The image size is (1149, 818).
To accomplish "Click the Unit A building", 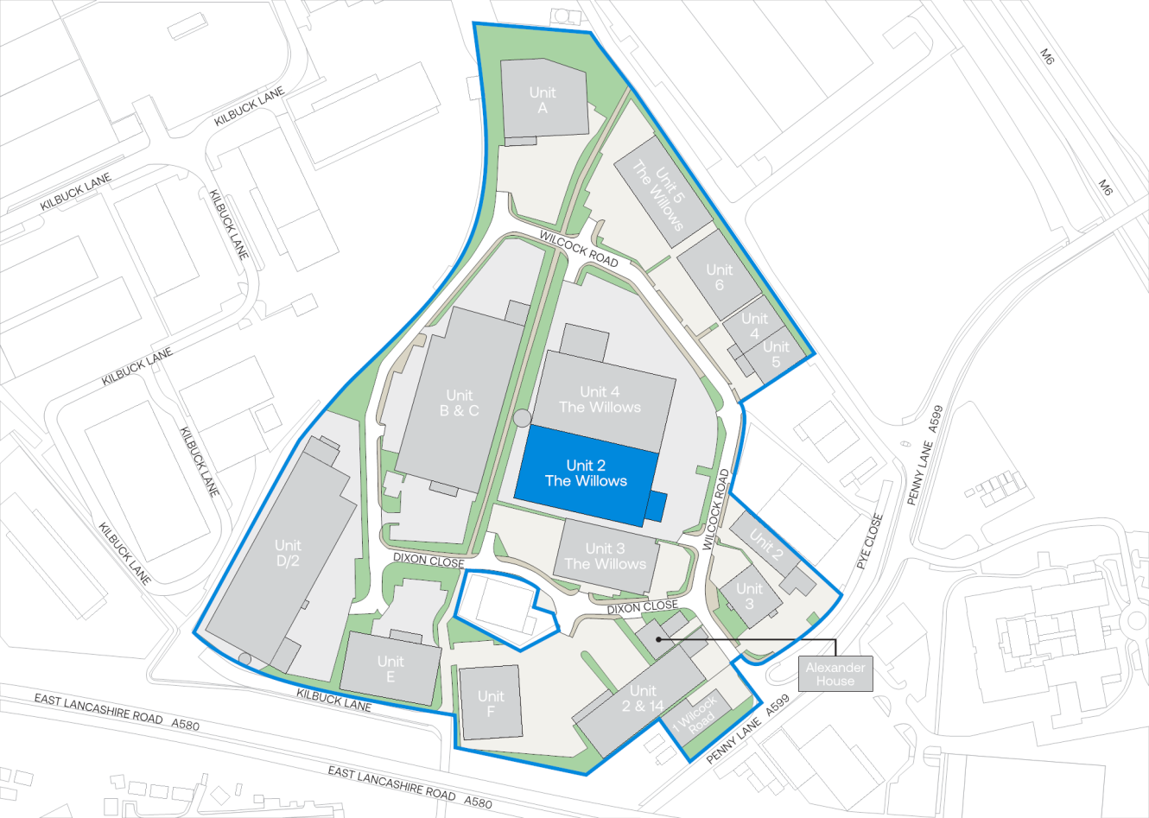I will pos(543,99).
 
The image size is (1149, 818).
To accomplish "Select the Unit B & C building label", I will pos(459,403).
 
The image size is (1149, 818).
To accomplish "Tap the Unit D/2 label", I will pos(288,553).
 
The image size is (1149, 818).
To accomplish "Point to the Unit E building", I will pos(390,669).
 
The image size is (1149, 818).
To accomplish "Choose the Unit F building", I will pos(491,703).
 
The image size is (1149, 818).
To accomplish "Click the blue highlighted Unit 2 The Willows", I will pos(586,473).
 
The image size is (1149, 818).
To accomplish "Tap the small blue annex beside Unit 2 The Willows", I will pos(657,505).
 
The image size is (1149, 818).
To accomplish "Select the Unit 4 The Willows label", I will pos(600,400).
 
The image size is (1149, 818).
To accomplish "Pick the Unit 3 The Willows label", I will pos(605,556).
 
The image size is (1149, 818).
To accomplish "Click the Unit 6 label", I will pos(719,277).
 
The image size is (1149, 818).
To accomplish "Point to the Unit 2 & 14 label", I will pos(643,698).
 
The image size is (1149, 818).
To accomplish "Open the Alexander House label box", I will pos(835,674).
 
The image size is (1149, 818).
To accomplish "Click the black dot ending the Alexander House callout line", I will pos(658,640).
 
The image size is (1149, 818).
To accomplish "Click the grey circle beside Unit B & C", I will pos(522,418).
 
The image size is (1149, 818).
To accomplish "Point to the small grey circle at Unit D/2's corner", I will pos(245,659).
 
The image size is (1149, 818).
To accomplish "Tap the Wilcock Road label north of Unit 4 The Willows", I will pos(579,249).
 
